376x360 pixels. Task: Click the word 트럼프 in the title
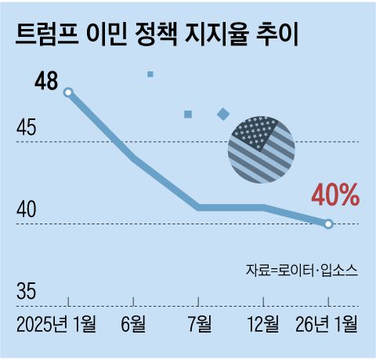coord(48,35)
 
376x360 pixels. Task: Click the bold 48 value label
coord(47,82)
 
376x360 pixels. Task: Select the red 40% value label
coord(334,195)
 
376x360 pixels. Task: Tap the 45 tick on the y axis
coord(26,127)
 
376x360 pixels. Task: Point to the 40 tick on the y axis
coord(26,209)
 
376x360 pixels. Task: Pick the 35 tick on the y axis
coord(26,292)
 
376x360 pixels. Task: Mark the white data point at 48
coord(68,93)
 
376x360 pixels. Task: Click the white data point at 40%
coord(328,224)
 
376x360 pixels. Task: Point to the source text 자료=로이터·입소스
coord(302,270)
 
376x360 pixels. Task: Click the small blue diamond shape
coord(223,115)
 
